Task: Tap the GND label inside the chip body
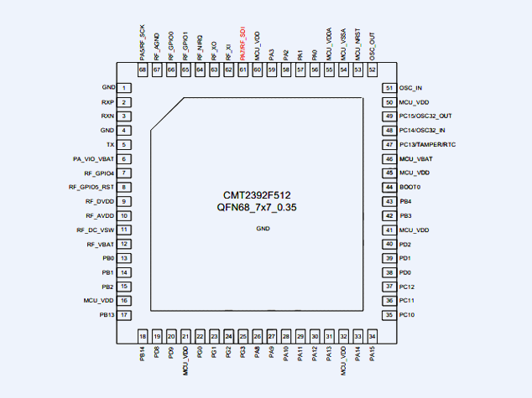pos(263,228)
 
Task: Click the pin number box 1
pos(124,88)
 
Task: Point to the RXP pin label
pos(107,102)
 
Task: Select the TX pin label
pos(110,145)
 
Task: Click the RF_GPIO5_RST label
pos(91,188)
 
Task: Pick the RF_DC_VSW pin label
pos(96,230)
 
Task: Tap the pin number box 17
pos(124,315)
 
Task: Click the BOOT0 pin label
pos(409,188)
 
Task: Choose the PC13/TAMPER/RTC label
pos(427,145)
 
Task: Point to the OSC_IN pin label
pos(410,88)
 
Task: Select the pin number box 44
pos(389,188)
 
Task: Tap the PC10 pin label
pos(407,315)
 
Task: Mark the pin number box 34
pos(372,335)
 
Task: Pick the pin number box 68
pos(143,70)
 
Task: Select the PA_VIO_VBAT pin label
pos(94,159)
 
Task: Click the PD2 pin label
pos(405,245)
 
